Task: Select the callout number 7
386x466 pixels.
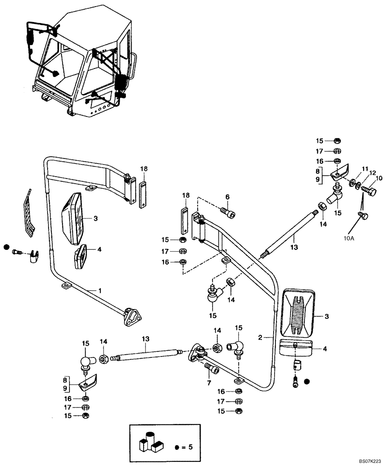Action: [208, 383]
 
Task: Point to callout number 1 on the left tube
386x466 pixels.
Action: [99, 290]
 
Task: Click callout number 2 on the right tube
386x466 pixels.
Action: [262, 336]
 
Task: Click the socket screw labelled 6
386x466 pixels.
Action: [228, 214]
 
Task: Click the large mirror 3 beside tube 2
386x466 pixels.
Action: [299, 312]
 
